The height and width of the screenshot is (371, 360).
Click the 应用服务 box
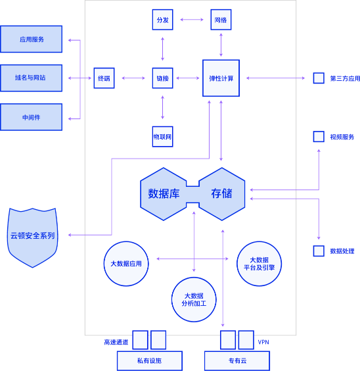click(31, 39)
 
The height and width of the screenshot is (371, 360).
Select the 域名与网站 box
click(31, 78)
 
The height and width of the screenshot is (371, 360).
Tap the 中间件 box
click(31, 117)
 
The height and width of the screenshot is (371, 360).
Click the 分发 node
click(162, 20)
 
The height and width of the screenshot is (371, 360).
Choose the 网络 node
click(221, 20)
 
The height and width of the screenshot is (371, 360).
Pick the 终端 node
click(104, 78)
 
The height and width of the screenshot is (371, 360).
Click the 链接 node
click(162, 78)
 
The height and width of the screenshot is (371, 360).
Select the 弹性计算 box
click(221, 78)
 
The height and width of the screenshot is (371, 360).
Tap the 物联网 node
click(162, 137)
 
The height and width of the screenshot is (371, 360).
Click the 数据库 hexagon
click(164, 194)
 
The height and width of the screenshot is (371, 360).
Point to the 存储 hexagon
click(222, 194)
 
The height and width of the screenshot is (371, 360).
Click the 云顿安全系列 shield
click(32, 237)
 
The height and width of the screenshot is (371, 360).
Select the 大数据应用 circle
click(126, 264)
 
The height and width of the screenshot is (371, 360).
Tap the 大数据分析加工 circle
click(194, 299)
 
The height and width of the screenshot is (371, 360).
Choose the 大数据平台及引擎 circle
click(259, 264)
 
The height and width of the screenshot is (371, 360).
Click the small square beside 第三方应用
click(319, 78)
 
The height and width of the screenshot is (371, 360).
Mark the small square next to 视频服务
click(319, 137)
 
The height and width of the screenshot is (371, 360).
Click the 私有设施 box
click(150, 360)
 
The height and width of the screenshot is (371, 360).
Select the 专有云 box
click(237, 360)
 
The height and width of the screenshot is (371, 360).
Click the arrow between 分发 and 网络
click(192, 20)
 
